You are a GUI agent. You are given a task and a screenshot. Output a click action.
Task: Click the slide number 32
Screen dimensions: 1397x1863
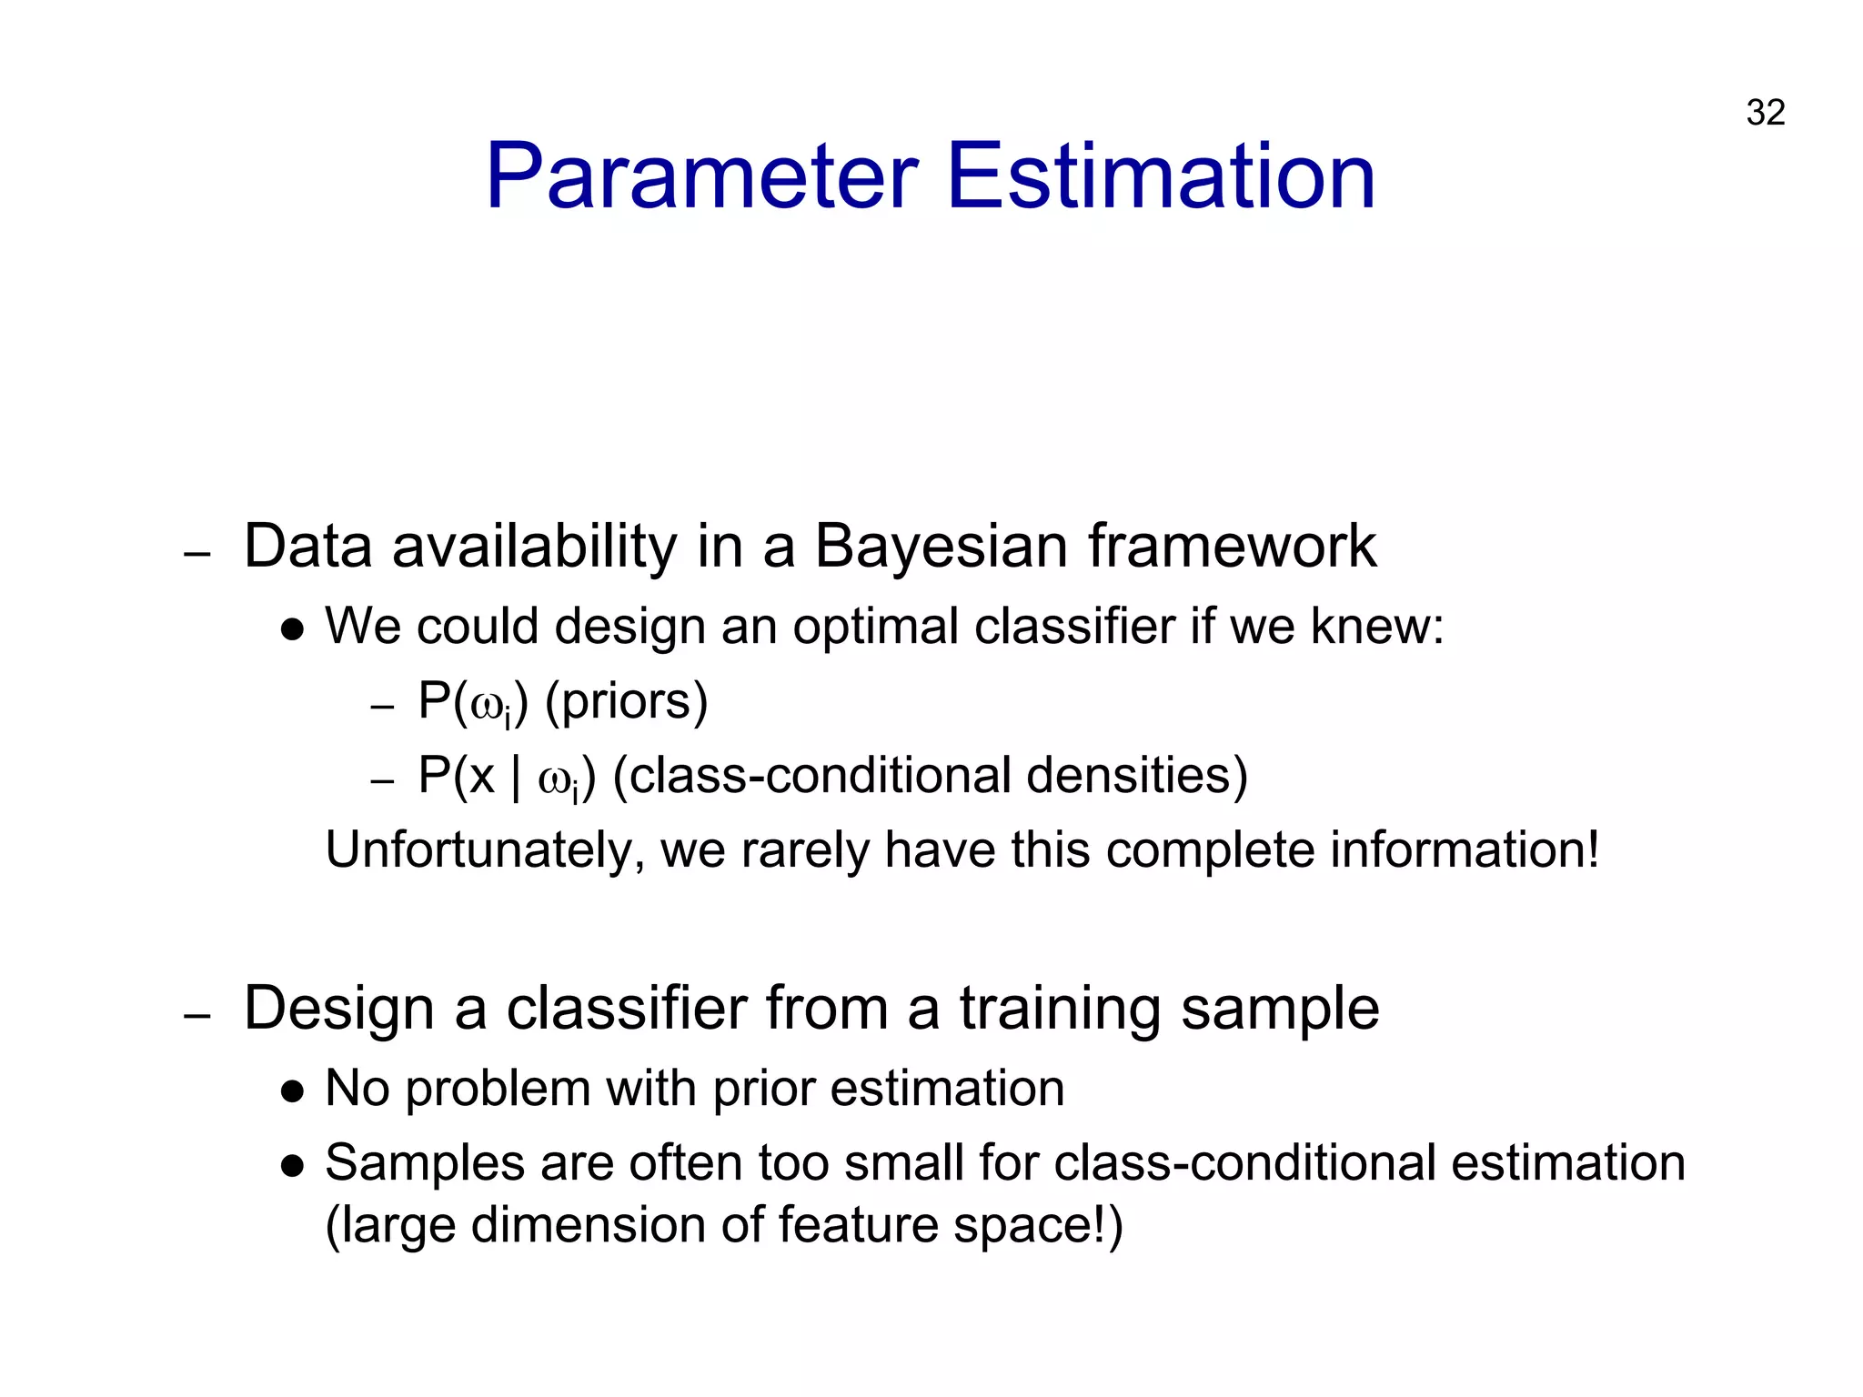coord(1765,113)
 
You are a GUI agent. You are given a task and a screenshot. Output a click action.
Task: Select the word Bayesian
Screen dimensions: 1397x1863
coord(941,548)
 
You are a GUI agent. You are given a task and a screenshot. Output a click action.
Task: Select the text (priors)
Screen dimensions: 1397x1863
coord(626,702)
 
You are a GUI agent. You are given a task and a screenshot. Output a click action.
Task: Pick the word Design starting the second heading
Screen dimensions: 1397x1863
coord(339,1010)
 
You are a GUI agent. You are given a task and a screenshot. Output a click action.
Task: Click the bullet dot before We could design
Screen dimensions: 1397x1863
coord(292,630)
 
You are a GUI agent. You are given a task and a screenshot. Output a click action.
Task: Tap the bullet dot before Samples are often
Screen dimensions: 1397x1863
coord(292,1167)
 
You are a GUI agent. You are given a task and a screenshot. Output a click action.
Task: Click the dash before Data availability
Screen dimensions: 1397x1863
coord(197,553)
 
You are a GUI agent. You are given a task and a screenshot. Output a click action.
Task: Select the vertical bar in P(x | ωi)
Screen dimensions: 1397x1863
coord(516,779)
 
